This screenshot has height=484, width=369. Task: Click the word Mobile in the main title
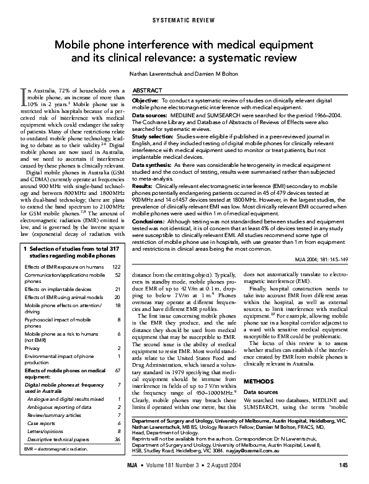[73, 45]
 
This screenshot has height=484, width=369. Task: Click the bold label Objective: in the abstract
[145, 100]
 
